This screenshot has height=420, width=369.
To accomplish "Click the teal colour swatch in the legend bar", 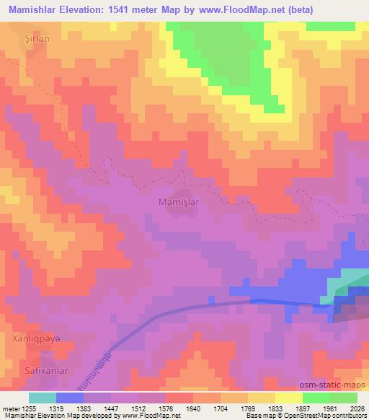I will click(43, 398).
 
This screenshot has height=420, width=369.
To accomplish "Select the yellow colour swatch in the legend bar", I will click(288, 398).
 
